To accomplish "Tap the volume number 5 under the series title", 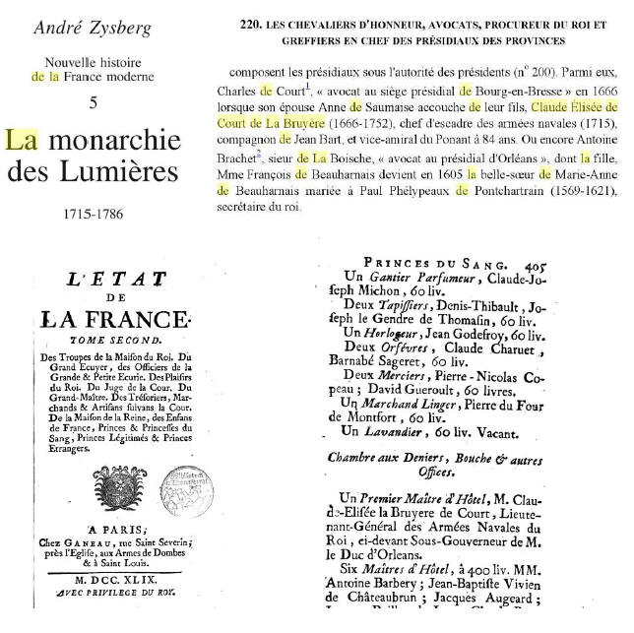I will tap(93, 103).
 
